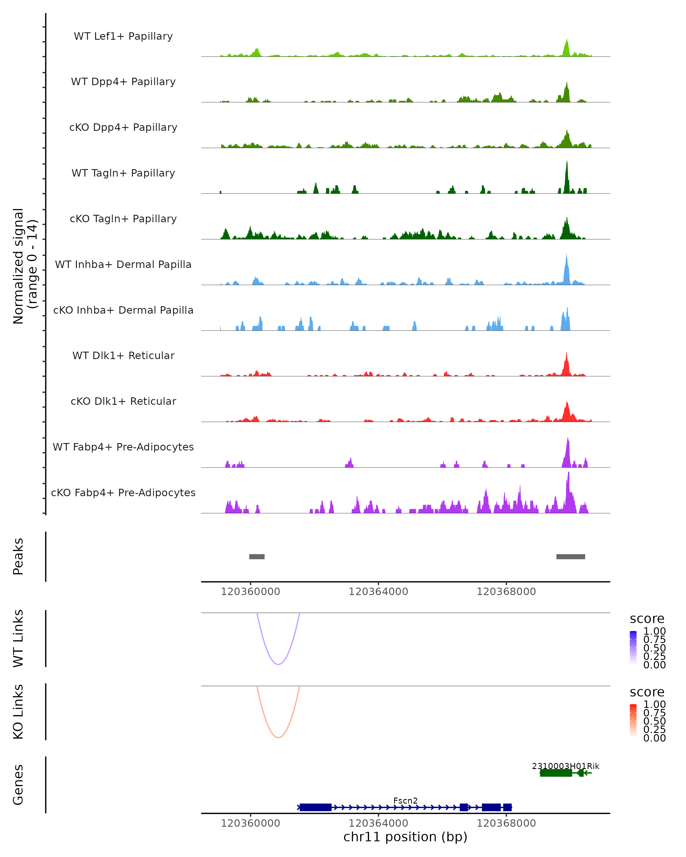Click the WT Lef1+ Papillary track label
(x=123, y=36)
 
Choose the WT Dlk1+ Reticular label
(x=123, y=355)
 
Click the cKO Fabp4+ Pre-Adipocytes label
(x=123, y=492)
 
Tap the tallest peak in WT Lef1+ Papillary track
(x=567, y=41)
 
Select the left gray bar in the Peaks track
(x=257, y=556)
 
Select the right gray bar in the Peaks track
(x=571, y=556)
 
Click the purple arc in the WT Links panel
(x=278, y=664)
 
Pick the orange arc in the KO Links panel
(x=278, y=737)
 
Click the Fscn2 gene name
(x=405, y=800)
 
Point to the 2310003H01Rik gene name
(x=565, y=766)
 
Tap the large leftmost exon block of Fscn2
(x=315, y=807)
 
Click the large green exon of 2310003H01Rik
(x=556, y=773)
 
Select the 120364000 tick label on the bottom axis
(x=378, y=823)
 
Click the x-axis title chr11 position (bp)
(x=405, y=837)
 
